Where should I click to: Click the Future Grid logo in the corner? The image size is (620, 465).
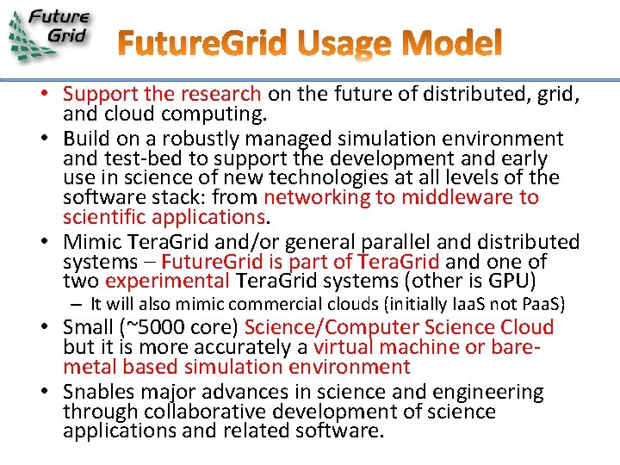point(49,34)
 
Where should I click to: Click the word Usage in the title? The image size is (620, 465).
point(342,43)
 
